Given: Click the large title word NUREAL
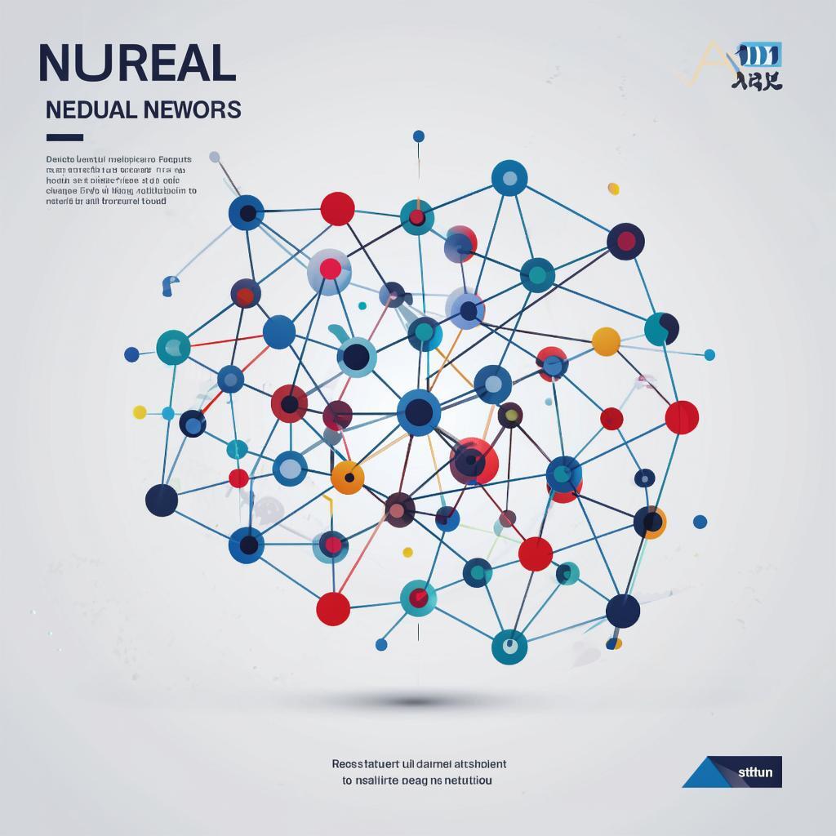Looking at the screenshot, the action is (137, 64).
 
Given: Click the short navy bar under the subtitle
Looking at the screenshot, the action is (64, 137).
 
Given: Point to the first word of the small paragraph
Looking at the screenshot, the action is (60, 159).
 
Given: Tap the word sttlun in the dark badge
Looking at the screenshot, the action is (755, 771).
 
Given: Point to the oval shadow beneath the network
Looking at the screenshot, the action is (416, 701).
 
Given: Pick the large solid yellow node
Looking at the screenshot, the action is (606, 341).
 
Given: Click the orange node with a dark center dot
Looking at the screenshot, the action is (348, 478).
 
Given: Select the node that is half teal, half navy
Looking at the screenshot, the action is (661, 329).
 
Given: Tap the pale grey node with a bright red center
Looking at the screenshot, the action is (330, 270).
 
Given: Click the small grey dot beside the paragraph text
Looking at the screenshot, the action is (215, 157).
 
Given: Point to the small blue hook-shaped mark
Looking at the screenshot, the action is (169, 285).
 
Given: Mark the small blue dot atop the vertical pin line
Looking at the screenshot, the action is (419, 136).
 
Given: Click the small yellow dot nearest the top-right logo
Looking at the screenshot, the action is (613, 189).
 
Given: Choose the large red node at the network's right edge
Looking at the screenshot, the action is (682, 417).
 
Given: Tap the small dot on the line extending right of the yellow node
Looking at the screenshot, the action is (709, 354).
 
